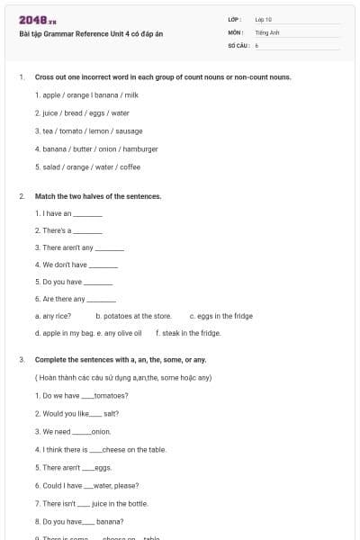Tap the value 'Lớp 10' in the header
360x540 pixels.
[264, 18]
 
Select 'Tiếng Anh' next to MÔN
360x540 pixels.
[267, 31]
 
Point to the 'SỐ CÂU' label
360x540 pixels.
[237, 44]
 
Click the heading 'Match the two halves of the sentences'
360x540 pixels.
[98, 195]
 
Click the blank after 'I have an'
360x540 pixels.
[87, 214]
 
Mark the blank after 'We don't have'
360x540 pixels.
[103, 265]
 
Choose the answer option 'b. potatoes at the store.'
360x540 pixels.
[133, 316]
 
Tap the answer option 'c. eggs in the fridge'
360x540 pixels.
[220, 316]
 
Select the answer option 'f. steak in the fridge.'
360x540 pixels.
[188, 333]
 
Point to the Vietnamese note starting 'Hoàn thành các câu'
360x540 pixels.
[123, 378]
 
